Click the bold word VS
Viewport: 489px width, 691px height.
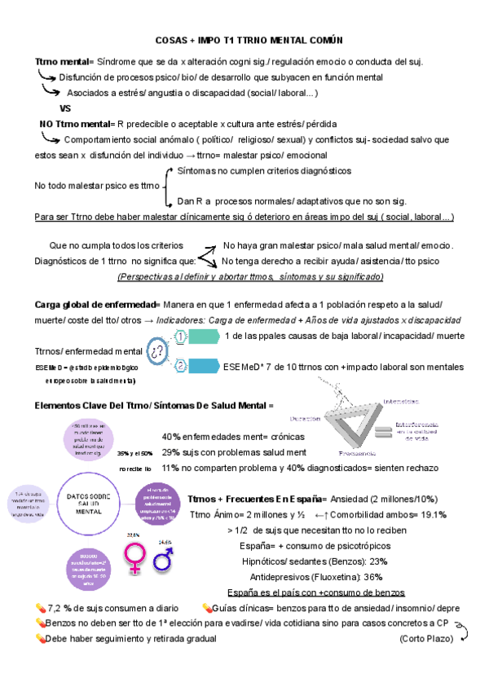(67, 108)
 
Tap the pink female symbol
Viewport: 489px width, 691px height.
(134, 556)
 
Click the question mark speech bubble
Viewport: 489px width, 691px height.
(158, 352)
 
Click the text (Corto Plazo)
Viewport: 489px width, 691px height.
(426, 639)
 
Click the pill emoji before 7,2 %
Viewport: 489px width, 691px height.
(41, 608)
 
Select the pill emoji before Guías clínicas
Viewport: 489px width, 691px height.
(207, 608)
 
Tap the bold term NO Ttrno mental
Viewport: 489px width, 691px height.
(75, 124)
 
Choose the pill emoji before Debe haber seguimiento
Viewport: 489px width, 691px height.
(41, 639)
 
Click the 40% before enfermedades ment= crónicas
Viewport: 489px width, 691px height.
(171, 436)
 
